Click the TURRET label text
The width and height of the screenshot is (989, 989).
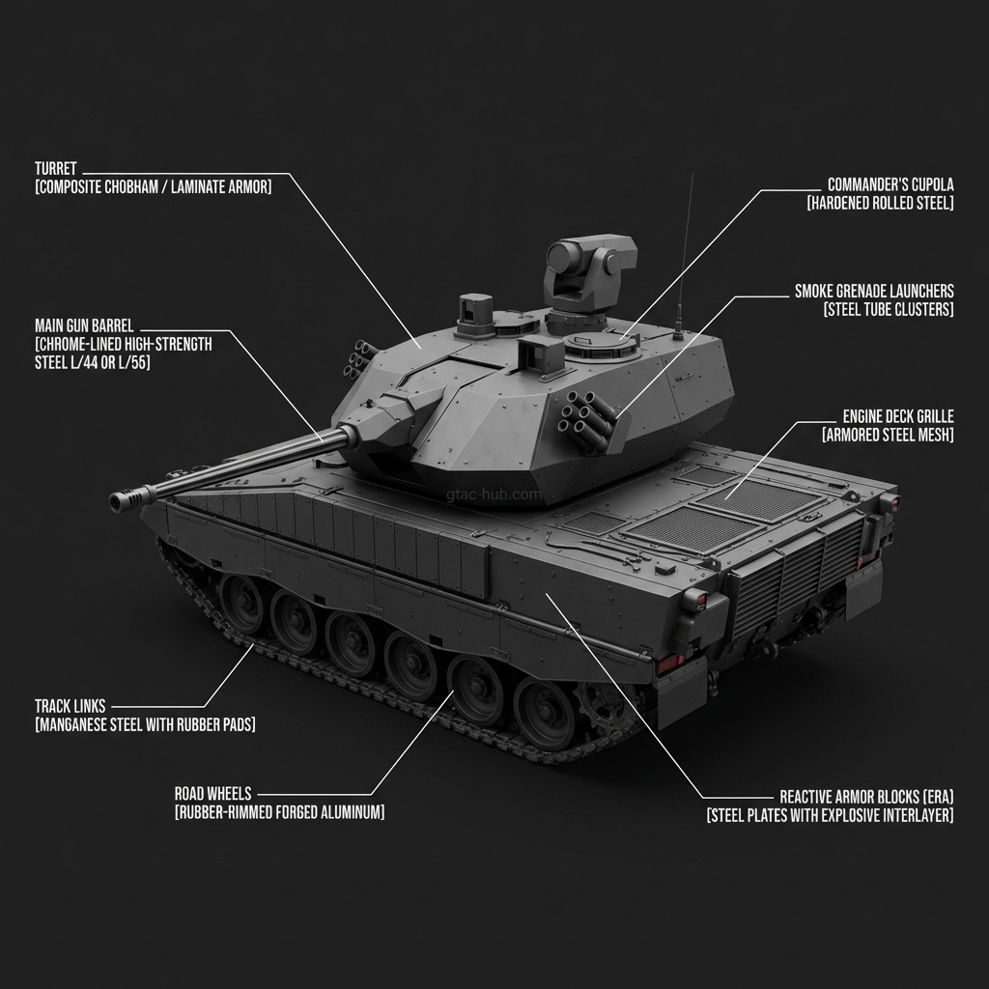coord(55,168)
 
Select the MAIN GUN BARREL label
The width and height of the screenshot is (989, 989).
coord(84,326)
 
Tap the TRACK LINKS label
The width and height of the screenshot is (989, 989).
coord(70,706)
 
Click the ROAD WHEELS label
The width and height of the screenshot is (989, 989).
coord(212,794)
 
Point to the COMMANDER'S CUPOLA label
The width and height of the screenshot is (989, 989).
coord(890,184)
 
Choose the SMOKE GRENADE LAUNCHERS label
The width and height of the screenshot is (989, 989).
coord(874,291)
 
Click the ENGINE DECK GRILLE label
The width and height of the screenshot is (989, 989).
coord(898,416)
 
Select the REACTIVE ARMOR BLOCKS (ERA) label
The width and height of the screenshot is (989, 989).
coord(866,797)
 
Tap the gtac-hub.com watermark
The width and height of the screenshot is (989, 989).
coord(494,494)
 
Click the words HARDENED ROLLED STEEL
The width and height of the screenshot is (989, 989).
coord(881,203)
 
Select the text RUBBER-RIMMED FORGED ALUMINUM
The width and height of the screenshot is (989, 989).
coord(279,811)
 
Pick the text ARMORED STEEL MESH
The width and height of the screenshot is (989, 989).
coord(889,435)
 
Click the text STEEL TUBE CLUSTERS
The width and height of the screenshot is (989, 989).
coord(889,309)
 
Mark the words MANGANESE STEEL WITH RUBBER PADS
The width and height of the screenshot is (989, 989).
coord(145,724)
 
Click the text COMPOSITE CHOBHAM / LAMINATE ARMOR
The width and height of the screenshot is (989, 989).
coord(154,186)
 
